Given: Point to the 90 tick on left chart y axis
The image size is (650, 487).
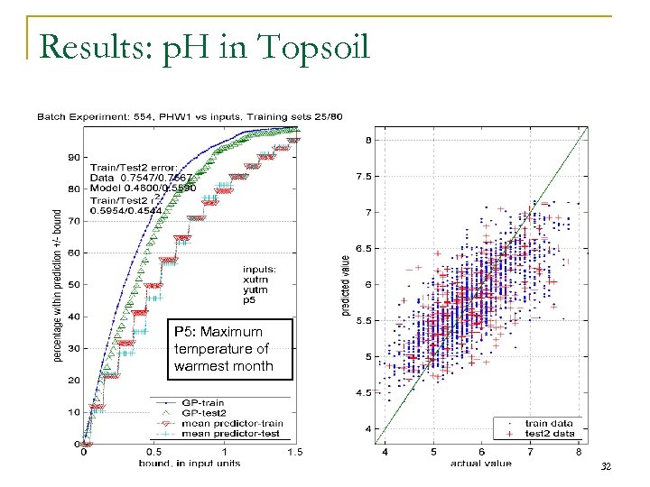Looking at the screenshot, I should [73, 157].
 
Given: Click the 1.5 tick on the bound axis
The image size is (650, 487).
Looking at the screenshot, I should [293, 453].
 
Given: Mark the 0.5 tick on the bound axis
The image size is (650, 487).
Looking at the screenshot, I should [154, 453].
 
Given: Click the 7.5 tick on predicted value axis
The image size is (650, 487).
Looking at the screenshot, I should [367, 176].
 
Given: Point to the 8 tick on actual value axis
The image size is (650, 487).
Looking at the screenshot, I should [578, 451].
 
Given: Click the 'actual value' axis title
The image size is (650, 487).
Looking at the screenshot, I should [481, 463].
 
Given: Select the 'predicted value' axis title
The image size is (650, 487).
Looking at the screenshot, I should [346, 285].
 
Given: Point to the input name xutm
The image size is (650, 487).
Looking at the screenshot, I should [255, 279].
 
